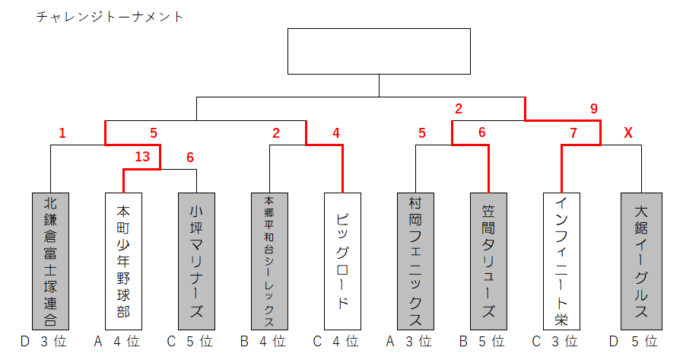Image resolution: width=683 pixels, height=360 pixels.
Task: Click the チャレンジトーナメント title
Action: (110, 16)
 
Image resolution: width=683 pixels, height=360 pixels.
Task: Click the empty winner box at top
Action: (379, 52)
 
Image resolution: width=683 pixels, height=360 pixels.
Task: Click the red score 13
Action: (142, 157)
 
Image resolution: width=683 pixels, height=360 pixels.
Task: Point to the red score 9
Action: (594, 109)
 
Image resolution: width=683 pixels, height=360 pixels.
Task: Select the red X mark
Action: (628, 133)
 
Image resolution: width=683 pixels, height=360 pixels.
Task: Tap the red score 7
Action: (573, 133)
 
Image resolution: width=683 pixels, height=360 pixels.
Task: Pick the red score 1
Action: (62, 133)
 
